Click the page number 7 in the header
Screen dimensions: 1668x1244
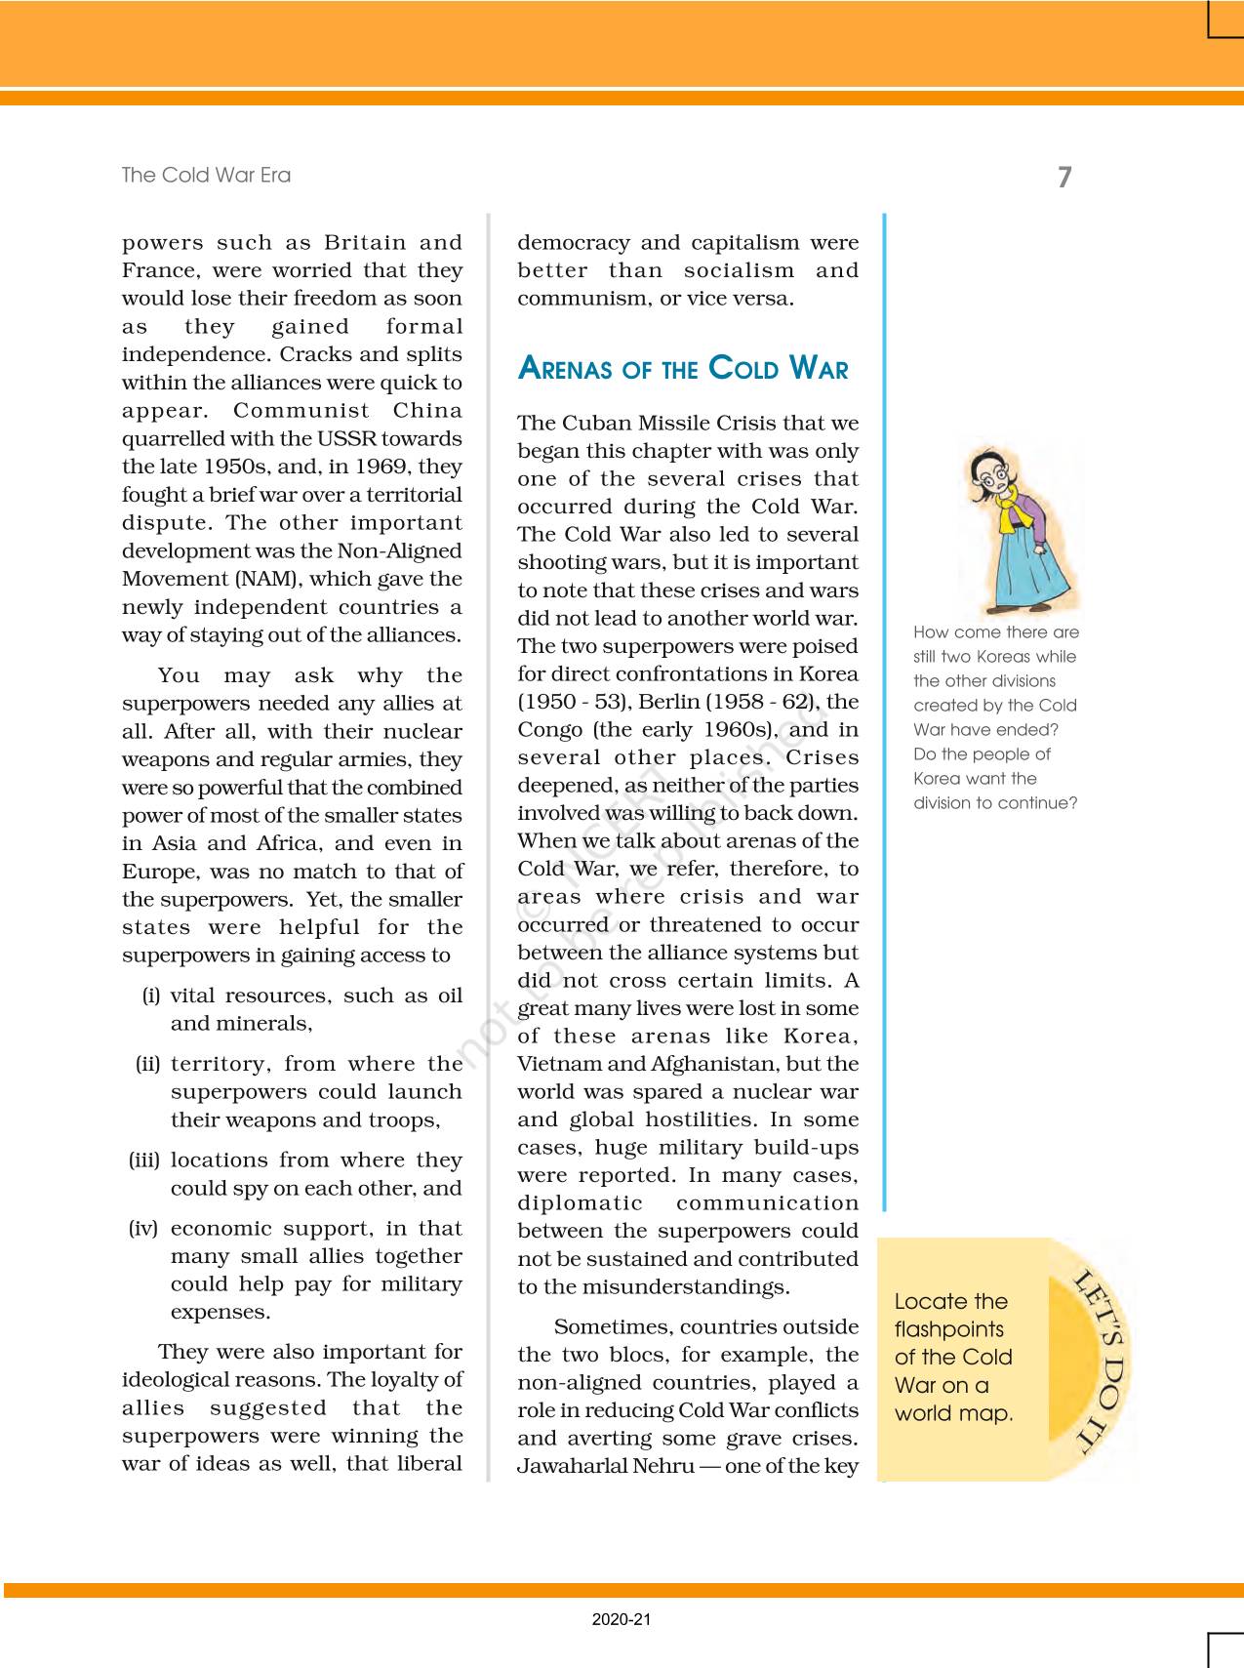1063,177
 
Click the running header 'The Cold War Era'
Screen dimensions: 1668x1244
206,175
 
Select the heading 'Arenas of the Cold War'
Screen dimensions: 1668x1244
683,368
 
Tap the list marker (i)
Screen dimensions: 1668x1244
151,996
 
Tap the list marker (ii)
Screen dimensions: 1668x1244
148,1064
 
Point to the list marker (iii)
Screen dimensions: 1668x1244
144,1160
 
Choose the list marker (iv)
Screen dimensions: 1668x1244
143,1229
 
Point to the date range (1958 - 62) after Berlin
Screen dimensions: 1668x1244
766,702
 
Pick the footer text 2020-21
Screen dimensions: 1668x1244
622,1619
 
